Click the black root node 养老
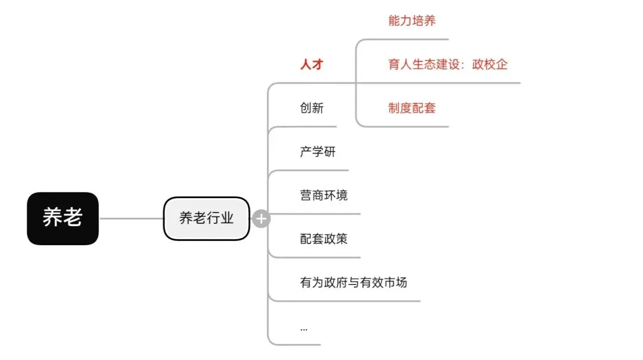pyautogui.click(x=63, y=218)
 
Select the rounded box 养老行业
pyautogui.click(x=206, y=218)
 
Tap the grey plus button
pyautogui.click(x=261, y=219)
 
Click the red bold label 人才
pyautogui.click(x=311, y=64)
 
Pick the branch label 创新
pyautogui.click(x=311, y=108)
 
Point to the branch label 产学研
pyautogui.click(x=317, y=151)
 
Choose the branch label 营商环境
pyautogui.click(x=323, y=195)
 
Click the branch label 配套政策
pyautogui.click(x=323, y=239)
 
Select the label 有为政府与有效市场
pyautogui.click(x=353, y=282)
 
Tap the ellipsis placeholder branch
pyautogui.click(x=304, y=328)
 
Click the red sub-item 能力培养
pyautogui.click(x=411, y=21)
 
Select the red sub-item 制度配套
pyautogui.click(x=411, y=108)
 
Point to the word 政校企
pyautogui.click(x=489, y=64)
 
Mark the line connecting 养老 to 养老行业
pyautogui.click(x=131, y=218)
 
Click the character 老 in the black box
pyautogui.click(x=72, y=218)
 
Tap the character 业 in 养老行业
pyautogui.click(x=227, y=218)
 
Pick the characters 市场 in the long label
pyautogui.click(x=395, y=282)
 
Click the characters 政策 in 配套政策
pyautogui.click(x=335, y=239)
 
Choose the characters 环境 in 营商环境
pyautogui.click(x=335, y=195)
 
